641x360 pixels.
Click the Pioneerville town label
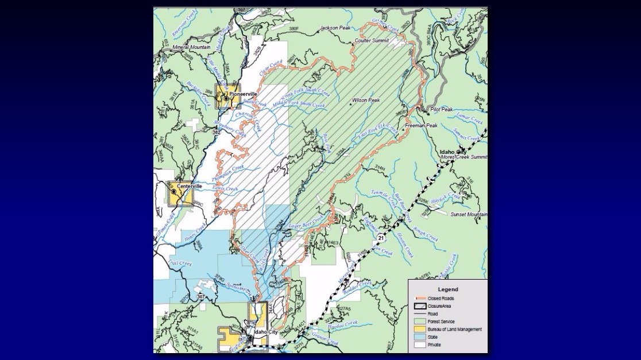(x=243, y=94)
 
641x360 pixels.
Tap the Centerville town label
(x=190, y=187)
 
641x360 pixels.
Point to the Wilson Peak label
(x=366, y=100)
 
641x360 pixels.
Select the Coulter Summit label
(x=372, y=41)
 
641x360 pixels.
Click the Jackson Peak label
(x=337, y=28)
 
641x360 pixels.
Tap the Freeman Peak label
(x=421, y=125)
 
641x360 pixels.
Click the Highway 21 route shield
(x=381, y=237)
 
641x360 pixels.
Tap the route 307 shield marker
(x=200, y=296)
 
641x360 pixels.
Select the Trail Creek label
(x=180, y=263)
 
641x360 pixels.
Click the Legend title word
(x=447, y=289)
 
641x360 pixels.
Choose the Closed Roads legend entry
(x=441, y=299)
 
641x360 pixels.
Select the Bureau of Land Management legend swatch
(x=419, y=330)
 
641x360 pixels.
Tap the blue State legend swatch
(x=419, y=338)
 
